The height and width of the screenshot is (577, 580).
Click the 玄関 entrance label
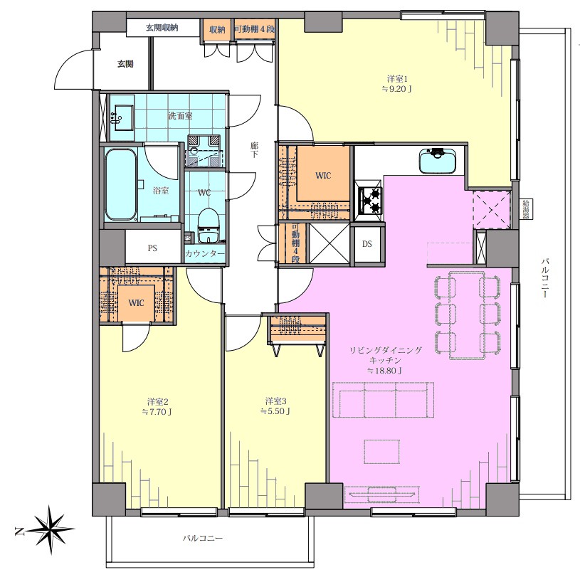pos(125,64)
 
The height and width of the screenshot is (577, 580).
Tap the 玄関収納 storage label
pos(162,28)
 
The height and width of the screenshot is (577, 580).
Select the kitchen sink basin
pos(438,161)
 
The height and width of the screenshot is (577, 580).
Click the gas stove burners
pos(369,201)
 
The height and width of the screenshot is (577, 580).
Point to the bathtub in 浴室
pos(120,184)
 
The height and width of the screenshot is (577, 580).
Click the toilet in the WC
pos(207,226)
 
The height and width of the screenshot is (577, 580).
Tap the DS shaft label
pos(367,244)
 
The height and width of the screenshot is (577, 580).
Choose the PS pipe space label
pos(152,248)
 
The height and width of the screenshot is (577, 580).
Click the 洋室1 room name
pos(397,79)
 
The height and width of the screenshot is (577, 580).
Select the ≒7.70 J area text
pos(157,412)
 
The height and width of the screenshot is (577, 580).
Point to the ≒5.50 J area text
pos(275,411)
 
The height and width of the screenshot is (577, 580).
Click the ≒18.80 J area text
pos(385,370)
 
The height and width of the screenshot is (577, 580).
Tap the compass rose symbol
pos(50,530)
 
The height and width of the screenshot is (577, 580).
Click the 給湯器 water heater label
pos(526,210)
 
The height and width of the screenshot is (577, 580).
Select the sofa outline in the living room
pos(383,400)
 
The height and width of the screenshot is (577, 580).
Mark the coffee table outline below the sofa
pos(381,451)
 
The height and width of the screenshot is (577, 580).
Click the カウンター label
pos(204,254)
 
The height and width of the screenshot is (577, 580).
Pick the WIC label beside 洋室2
pos(136,303)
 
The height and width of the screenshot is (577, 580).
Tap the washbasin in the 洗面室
pos(122,117)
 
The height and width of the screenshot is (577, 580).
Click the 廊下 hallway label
pos(254,149)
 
